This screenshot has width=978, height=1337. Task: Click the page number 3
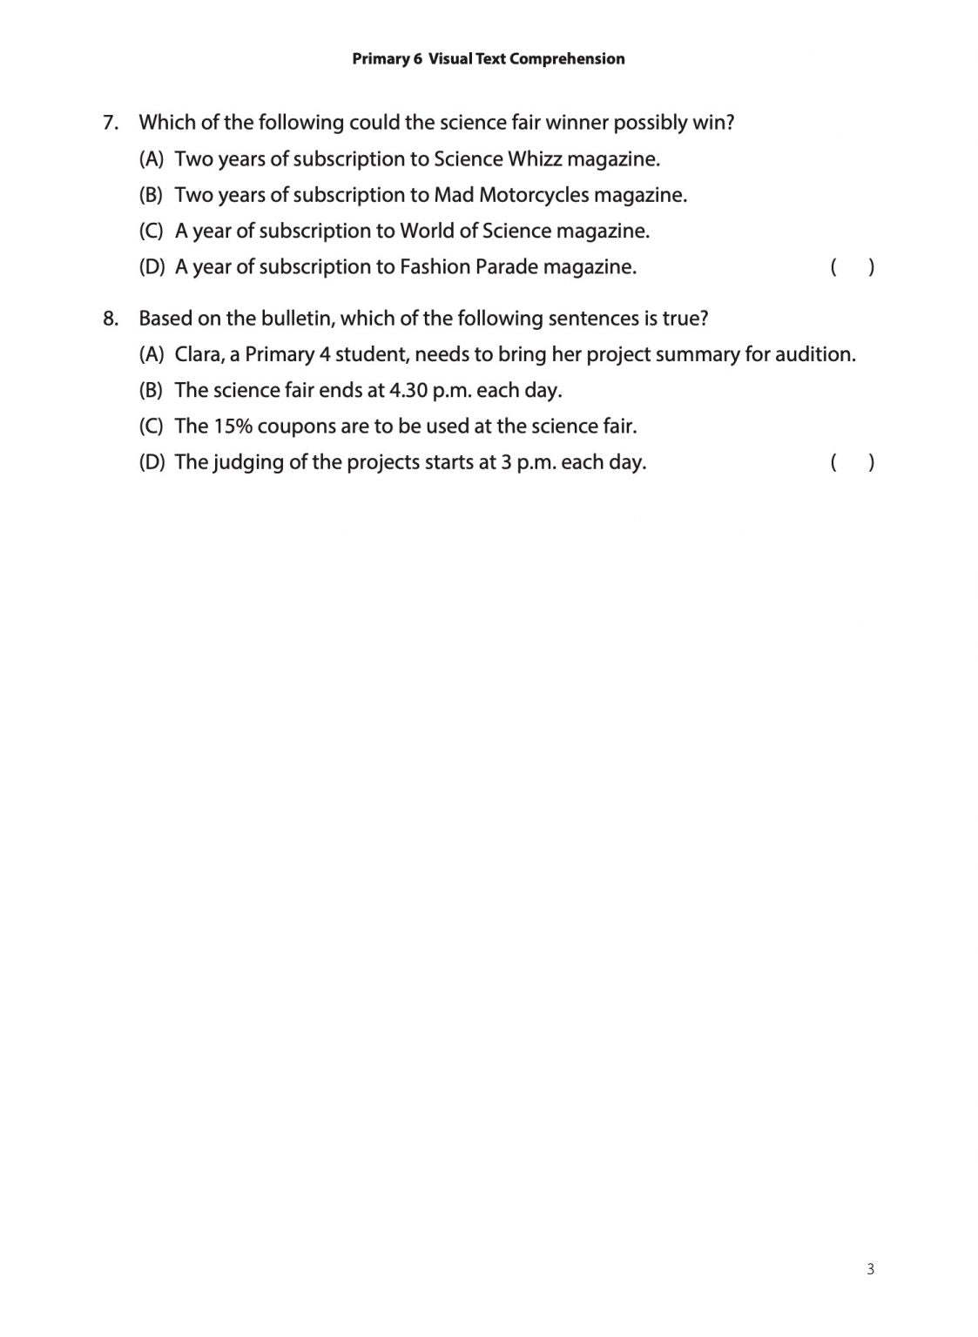click(x=870, y=1268)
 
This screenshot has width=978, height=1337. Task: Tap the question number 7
click(x=110, y=123)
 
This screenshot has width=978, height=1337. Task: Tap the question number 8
click(x=110, y=319)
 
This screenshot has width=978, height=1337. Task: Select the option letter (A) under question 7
click(x=152, y=159)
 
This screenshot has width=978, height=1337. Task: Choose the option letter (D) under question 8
click(x=152, y=462)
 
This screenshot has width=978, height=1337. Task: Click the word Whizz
click(x=534, y=159)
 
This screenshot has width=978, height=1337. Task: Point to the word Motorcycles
click(x=533, y=195)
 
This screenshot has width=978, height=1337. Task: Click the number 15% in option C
click(x=233, y=427)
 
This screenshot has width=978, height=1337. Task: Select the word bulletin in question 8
click(x=297, y=319)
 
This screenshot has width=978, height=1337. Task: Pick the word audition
click(x=814, y=354)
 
